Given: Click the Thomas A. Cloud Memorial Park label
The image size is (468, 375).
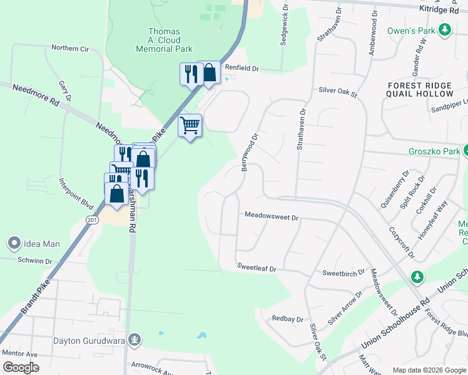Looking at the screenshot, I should [x=164, y=40].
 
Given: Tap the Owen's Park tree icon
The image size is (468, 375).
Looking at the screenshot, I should [x=445, y=30].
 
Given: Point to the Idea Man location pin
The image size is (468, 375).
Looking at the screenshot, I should [x=14, y=243].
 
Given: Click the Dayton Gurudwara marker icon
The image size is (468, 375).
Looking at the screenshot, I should [x=133, y=340].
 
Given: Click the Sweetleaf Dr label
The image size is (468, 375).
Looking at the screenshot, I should [x=257, y=267].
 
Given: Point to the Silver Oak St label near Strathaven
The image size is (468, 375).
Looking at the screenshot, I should [x=337, y=92].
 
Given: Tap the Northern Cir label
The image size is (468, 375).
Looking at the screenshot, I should [x=70, y=48].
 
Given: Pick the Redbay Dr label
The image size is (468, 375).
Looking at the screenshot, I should [x=287, y=318].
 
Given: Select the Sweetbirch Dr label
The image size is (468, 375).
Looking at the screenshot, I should [x=343, y=273].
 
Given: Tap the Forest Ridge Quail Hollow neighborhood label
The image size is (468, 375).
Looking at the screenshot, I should [x=420, y=90].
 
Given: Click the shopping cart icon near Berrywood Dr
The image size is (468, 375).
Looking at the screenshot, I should [x=190, y=126].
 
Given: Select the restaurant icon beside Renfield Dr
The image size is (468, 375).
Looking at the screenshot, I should [x=190, y=74].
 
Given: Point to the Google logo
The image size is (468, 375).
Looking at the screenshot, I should [x=21, y=367].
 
